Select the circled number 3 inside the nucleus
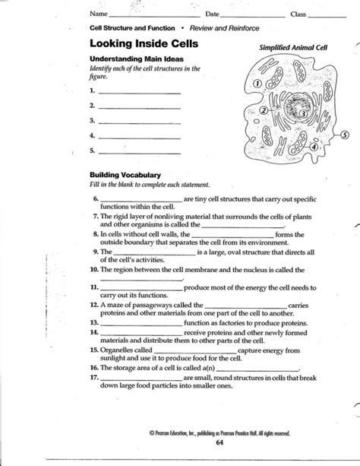click(x=302, y=114)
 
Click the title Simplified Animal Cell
click(x=295, y=47)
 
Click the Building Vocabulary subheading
click(x=125, y=175)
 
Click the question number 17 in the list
click(x=94, y=376)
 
